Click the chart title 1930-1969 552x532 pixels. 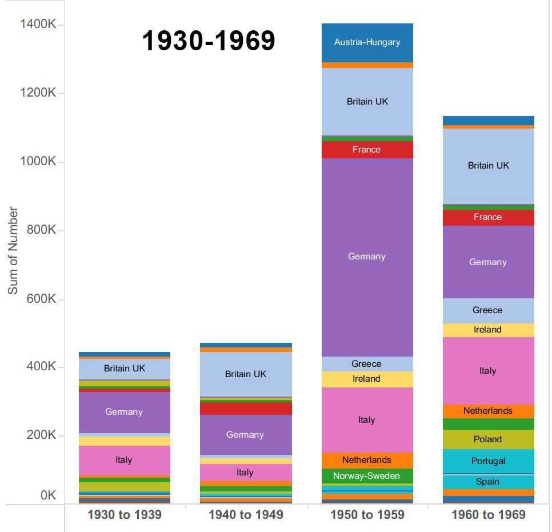[x=209, y=41]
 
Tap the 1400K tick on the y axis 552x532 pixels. [x=38, y=25]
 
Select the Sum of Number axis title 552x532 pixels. [x=13, y=251]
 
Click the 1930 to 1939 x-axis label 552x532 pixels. [x=124, y=514]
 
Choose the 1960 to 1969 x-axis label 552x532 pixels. [x=488, y=514]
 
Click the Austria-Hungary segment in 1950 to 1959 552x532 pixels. [x=367, y=42]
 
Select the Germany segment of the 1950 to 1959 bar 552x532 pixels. [x=367, y=257]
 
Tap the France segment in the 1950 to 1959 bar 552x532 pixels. [x=367, y=150]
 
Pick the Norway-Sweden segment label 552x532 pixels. [x=367, y=476]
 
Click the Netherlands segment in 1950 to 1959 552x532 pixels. [x=367, y=460]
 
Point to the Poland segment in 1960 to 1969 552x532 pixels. [x=488, y=439]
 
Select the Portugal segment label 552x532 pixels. [x=488, y=461]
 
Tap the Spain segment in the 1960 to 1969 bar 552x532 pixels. [x=488, y=482]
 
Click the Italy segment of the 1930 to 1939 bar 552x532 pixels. [x=124, y=460]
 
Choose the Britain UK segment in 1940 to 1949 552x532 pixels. [x=246, y=374]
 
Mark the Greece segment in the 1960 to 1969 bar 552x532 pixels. [x=488, y=310]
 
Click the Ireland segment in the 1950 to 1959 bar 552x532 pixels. [x=367, y=379]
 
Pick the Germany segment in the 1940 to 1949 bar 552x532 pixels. [x=246, y=435]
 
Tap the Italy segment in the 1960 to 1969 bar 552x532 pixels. [x=488, y=371]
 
